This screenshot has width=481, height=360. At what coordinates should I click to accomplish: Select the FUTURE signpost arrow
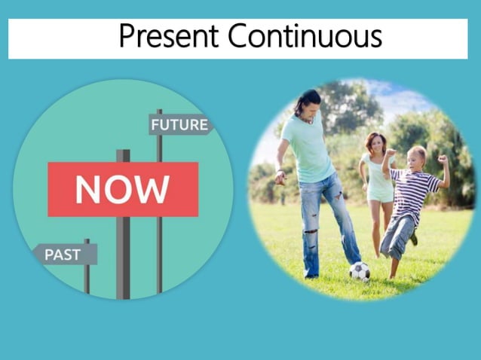point(180,124)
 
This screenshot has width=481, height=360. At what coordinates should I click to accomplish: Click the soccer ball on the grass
point(360,270)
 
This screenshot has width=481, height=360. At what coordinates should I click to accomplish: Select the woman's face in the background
point(375,143)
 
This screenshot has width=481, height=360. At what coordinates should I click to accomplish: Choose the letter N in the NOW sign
point(87,190)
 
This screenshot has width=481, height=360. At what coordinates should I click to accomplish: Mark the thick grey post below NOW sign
point(123,256)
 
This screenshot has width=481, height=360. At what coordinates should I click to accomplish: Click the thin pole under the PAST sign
point(87,278)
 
